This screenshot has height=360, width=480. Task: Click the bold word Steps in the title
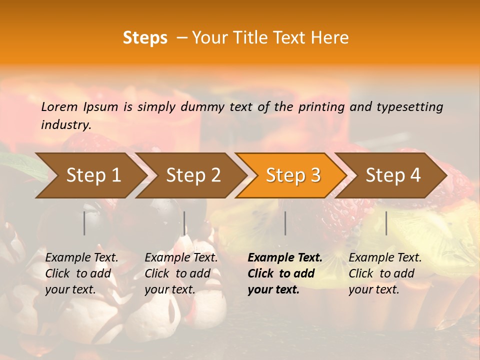pyautogui.click(x=145, y=38)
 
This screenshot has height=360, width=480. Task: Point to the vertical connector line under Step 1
pyautogui.click(x=84, y=223)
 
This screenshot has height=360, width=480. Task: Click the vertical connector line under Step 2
pyautogui.click(x=184, y=223)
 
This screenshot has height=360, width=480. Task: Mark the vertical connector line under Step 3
pyautogui.click(x=285, y=223)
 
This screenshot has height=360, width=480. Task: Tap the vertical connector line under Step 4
pyautogui.click(x=386, y=223)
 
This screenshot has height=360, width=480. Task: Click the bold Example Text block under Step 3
pyautogui.click(x=284, y=273)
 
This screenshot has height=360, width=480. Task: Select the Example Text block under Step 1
pyautogui.click(x=81, y=273)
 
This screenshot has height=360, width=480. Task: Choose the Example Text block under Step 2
pyautogui.click(x=181, y=273)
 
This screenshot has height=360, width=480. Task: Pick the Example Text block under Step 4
pyautogui.click(x=385, y=273)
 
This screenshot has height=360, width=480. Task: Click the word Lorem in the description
pyautogui.click(x=59, y=107)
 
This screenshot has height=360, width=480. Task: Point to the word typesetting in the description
pyautogui.click(x=409, y=107)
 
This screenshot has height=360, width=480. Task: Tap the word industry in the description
pyautogui.click(x=65, y=125)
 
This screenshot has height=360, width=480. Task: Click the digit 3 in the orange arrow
pyautogui.click(x=314, y=175)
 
